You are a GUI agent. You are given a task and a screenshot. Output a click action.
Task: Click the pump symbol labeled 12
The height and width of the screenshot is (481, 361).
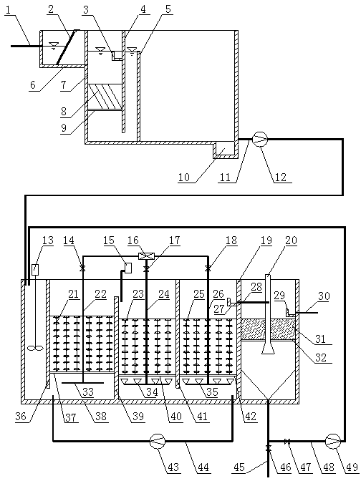(260, 140)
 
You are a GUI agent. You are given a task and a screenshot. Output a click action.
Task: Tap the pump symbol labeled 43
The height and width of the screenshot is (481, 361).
(158, 442)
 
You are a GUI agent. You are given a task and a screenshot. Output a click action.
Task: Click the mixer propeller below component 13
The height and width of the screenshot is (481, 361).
(35, 348)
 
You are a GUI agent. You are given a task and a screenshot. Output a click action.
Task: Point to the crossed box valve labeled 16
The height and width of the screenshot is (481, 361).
(146, 256)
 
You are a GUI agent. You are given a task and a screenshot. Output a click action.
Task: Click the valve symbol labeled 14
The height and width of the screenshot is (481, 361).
(82, 268)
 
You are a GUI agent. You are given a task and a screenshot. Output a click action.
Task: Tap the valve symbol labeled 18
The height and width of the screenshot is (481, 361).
(208, 268)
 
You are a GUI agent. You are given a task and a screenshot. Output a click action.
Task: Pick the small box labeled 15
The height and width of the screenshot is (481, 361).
(128, 268)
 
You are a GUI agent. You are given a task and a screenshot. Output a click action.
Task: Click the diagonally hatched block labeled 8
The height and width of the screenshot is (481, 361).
(105, 97)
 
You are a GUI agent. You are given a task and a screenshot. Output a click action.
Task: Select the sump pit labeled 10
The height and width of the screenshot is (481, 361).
(223, 148)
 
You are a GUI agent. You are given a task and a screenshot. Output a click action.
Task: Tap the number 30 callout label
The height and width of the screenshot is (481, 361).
(324, 296)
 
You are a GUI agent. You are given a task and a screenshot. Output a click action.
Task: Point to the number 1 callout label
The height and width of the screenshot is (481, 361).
(8, 10)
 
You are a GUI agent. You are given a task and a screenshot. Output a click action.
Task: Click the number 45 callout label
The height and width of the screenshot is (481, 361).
(240, 467)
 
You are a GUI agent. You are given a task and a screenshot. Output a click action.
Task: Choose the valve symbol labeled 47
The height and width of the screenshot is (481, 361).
(288, 442)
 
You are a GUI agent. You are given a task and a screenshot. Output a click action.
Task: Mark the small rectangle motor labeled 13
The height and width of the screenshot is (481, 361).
(35, 269)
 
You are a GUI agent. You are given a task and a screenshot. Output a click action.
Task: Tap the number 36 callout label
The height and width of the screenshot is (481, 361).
(21, 417)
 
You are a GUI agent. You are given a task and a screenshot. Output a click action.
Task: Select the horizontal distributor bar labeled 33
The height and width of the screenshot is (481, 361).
(83, 383)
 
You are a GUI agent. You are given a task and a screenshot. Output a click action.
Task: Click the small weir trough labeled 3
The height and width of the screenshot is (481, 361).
(117, 56)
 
